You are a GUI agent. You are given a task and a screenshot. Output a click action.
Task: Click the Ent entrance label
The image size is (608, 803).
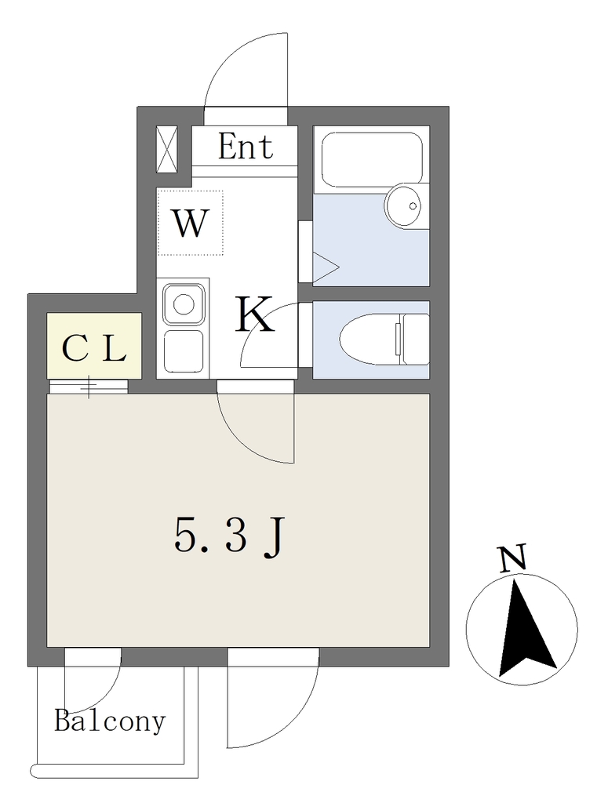[x=246, y=146]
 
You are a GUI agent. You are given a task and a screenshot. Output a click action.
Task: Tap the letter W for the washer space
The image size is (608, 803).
[x=191, y=223]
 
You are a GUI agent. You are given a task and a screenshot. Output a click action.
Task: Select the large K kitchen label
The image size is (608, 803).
[x=254, y=314]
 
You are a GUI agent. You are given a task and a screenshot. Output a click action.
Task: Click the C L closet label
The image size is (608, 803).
[x=93, y=349]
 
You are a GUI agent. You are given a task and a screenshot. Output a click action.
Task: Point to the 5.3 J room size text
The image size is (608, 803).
[x=228, y=536]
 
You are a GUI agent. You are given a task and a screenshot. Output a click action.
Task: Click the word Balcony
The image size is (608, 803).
[x=110, y=722]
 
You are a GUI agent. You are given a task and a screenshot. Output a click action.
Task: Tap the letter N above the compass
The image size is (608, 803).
[x=513, y=558]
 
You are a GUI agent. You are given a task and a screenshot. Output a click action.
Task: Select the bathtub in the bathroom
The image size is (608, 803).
[x=371, y=159]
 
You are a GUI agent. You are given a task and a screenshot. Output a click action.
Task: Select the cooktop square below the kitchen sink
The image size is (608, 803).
[x=184, y=351]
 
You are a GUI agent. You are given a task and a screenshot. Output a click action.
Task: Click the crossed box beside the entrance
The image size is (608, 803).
[x=166, y=150]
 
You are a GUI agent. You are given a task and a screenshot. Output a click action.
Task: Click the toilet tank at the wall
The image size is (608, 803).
[x=414, y=339]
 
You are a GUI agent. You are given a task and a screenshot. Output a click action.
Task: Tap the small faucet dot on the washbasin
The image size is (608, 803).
[x=413, y=206]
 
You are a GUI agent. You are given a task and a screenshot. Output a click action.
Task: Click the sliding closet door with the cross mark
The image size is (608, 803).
[x=88, y=387]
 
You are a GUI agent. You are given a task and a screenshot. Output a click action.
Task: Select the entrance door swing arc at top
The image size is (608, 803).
[x=246, y=70]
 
